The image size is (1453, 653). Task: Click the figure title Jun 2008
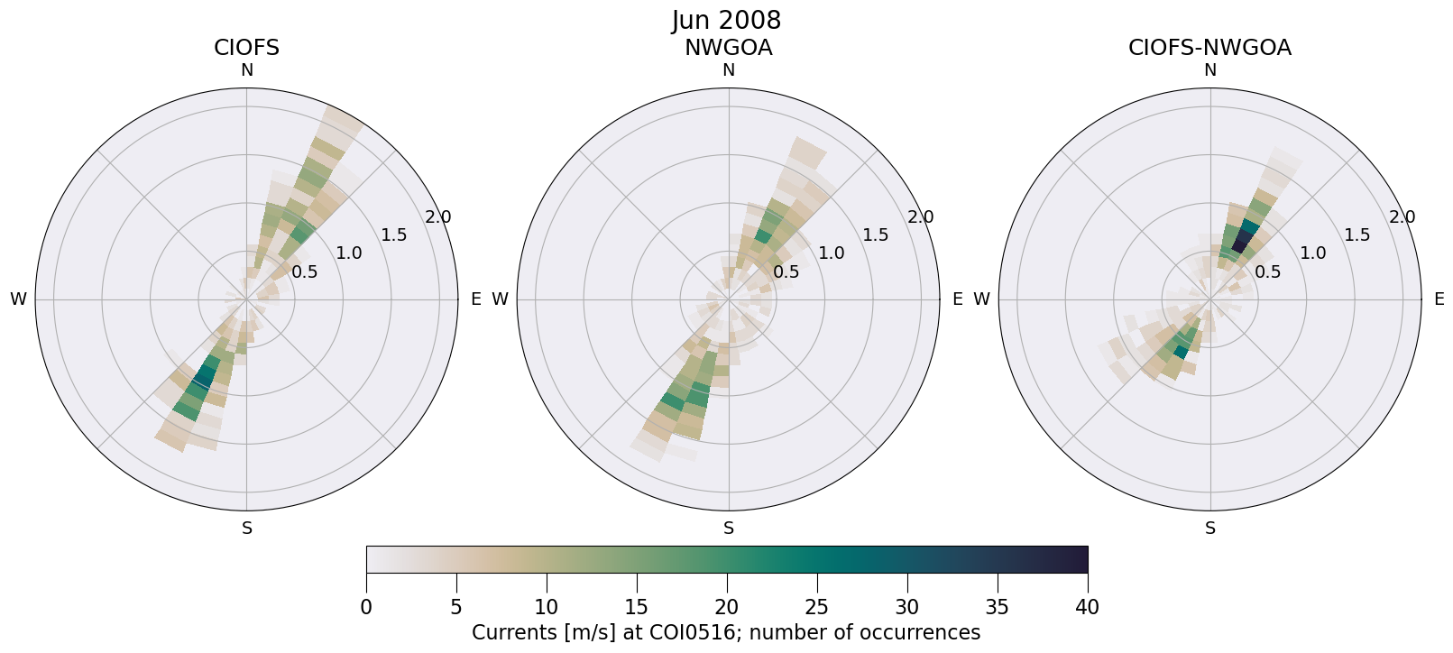point(726,20)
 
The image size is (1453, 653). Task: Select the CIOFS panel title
point(246,48)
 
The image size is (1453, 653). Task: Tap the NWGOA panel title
point(728,48)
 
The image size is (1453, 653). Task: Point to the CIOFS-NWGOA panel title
point(1209,48)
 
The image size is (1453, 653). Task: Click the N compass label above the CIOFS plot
point(246,70)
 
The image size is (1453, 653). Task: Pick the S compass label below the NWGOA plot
point(728,529)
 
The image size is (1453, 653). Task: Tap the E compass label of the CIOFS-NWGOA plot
point(1439,299)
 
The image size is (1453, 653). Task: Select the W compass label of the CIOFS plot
point(18,299)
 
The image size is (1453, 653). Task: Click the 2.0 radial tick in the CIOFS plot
point(438,217)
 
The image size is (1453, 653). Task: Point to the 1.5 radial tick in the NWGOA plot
point(875,235)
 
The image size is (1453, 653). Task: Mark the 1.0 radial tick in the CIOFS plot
point(349,253)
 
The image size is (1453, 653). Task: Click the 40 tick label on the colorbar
point(1087,608)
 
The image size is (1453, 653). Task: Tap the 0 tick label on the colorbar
point(366,608)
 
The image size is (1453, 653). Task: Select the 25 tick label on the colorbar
point(817,608)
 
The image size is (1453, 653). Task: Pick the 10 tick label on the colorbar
point(547,608)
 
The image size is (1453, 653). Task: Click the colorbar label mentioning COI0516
point(726,633)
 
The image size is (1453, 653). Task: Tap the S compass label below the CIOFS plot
point(246,529)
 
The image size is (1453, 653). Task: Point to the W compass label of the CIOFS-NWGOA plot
point(981,299)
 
